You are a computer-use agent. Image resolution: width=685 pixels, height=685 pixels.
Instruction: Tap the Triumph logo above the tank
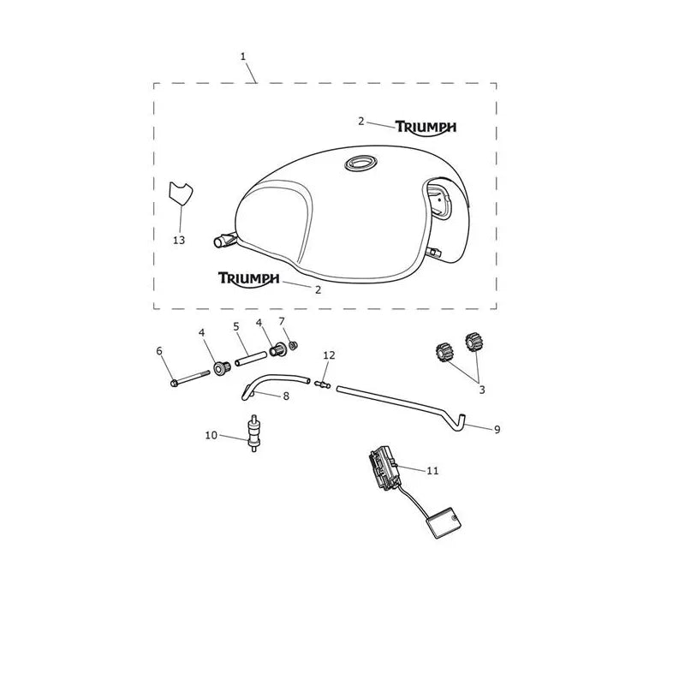[x=426, y=128]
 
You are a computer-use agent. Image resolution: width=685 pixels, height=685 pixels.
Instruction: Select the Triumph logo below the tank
[x=248, y=280]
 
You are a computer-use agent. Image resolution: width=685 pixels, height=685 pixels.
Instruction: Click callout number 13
[x=179, y=240]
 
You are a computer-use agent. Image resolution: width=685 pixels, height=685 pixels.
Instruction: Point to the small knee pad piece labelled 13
[x=180, y=193]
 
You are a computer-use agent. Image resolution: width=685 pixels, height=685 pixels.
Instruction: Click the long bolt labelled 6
[x=190, y=378]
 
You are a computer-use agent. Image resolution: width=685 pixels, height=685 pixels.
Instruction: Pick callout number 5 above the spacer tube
[x=236, y=326]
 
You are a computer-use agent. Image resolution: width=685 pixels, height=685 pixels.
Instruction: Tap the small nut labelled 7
[x=294, y=346]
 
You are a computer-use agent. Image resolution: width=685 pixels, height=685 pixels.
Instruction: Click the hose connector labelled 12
[x=323, y=384]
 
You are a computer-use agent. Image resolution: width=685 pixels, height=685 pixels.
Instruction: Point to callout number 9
[x=497, y=430]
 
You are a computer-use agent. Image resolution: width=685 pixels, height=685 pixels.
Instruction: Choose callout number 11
[x=432, y=470]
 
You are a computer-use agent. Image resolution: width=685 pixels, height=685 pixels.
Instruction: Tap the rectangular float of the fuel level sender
[x=444, y=522]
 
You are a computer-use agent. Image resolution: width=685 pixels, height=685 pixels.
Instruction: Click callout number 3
[x=482, y=390]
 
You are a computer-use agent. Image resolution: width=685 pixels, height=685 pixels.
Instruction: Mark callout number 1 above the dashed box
[x=243, y=57]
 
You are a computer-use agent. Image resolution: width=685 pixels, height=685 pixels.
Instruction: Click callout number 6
[x=159, y=351]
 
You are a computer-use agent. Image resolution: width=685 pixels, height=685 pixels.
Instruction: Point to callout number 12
[x=329, y=355]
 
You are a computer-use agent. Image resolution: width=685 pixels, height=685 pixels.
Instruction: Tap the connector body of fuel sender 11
[x=384, y=468]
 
